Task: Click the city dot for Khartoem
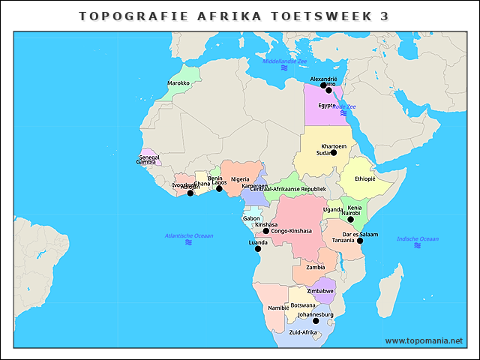pos(334,152)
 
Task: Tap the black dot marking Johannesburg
pos(315,321)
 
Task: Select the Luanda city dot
pos(258,249)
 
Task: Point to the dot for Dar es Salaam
pos(360,241)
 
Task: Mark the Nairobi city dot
pos(350,219)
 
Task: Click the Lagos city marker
pos(219,188)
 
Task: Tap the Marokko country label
pos(178,83)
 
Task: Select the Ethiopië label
pos(364,179)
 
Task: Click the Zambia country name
pos(315,267)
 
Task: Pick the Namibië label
pos(278,308)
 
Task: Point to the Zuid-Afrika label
pos(303,332)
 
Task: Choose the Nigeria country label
pos(240,179)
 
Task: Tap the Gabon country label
pos(251,218)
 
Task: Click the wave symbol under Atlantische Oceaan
pos(188,243)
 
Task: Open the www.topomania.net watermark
pos(424,340)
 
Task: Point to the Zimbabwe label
pos(320,290)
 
